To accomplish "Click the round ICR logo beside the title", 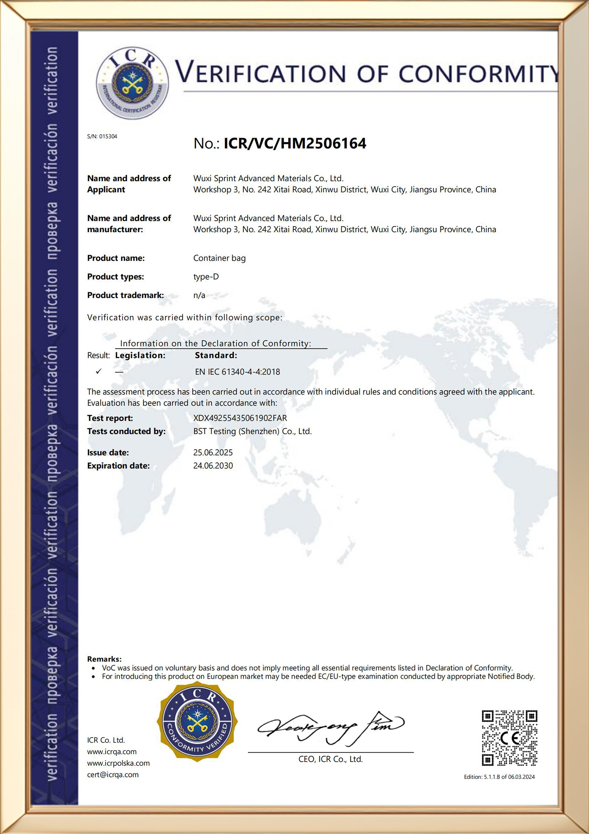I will click(132, 83).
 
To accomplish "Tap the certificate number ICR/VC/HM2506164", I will click(295, 143).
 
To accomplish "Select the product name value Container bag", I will click(219, 258).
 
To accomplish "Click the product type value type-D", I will click(206, 277).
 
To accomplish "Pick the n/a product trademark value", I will click(199, 295).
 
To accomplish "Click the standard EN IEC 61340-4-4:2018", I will click(237, 372).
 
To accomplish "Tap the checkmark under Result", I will click(98, 371).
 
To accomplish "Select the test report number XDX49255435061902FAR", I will click(240, 418).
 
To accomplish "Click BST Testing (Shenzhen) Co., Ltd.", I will click(252, 432).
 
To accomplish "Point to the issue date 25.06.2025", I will click(213, 453).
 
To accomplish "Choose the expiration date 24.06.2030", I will click(213, 466).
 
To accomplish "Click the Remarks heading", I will click(104, 659).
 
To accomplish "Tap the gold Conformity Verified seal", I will click(197, 721).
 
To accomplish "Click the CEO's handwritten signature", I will click(330, 728).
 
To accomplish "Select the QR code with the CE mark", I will click(509, 738).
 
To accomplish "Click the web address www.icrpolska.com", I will click(118, 763).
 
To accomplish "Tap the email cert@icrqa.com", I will click(113, 775).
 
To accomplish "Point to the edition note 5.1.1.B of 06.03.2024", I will click(509, 777).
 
